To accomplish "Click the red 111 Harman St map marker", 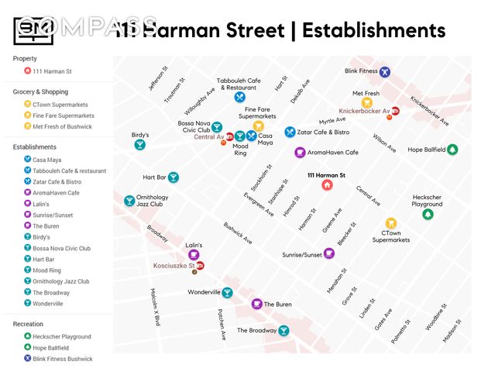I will [326, 186].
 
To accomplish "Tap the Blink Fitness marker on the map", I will [384, 72].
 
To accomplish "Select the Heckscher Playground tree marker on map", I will [427, 214].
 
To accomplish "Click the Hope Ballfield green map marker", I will [453, 150].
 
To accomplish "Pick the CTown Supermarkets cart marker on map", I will [391, 223].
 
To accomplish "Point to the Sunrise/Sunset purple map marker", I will [329, 253].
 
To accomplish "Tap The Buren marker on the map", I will [256, 304].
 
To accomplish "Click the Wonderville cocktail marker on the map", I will [227, 293].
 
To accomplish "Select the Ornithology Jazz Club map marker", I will [129, 201].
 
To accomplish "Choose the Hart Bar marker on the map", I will [174, 177].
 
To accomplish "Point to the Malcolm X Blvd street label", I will [156, 307].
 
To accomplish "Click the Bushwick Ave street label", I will [238, 233].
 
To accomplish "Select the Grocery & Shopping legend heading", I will [40, 91].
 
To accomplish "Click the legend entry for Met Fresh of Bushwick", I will [62, 126].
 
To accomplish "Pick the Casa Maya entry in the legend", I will [46, 160].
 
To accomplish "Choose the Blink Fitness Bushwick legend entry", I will [62, 359].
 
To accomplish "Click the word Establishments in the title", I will [373, 30].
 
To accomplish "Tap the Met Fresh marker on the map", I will [367, 102].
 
